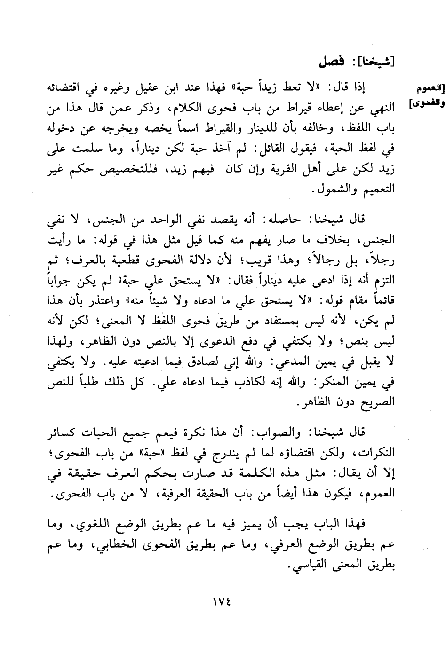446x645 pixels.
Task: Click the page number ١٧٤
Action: pos(222,601)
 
